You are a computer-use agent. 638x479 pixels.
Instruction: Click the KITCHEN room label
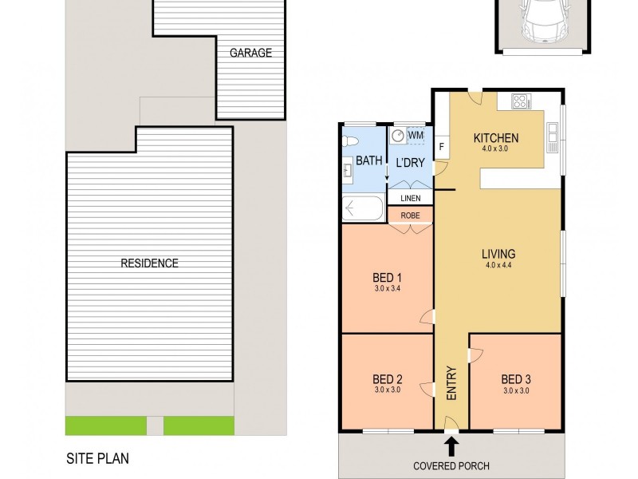click(x=497, y=137)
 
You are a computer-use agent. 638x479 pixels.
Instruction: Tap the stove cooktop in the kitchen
click(x=520, y=101)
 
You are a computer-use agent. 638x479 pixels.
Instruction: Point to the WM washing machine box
click(x=415, y=136)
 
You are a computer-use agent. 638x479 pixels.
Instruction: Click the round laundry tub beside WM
click(x=398, y=136)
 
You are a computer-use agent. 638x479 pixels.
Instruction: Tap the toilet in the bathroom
click(x=348, y=142)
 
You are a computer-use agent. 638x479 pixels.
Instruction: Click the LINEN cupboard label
click(x=410, y=197)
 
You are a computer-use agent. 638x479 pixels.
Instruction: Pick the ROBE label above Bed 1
click(x=410, y=214)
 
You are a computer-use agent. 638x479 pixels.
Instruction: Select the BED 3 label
click(x=515, y=378)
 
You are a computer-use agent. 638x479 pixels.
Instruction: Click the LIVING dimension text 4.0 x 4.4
click(x=498, y=266)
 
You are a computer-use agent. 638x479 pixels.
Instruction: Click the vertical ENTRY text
click(x=451, y=382)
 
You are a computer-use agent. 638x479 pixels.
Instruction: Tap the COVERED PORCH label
click(x=451, y=465)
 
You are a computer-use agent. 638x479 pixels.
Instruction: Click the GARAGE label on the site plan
click(x=250, y=53)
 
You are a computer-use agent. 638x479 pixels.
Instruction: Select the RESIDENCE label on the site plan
click(x=149, y=263)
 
